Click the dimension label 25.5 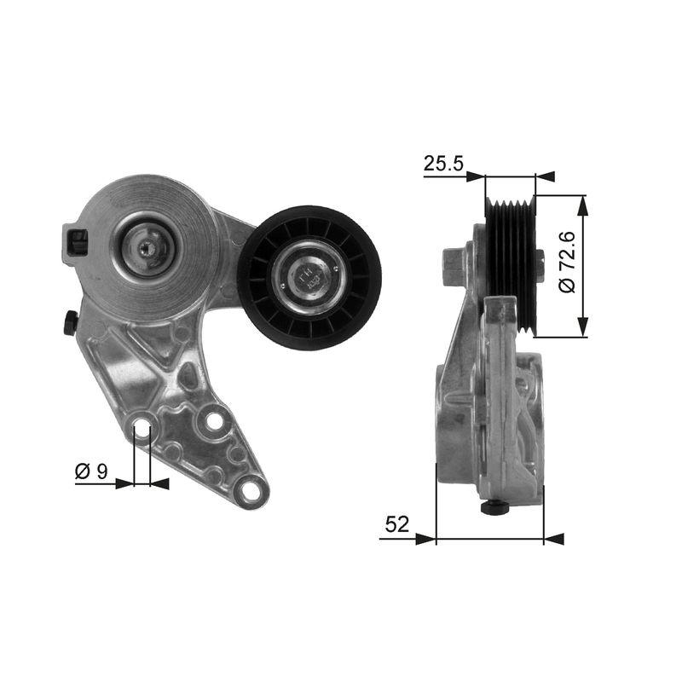coord(442,164)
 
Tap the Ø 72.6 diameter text coord(568,265)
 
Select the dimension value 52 coord(396,525)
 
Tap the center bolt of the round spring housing coord(147,248)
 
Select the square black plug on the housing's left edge coord(76,242)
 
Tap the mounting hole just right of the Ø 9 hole coord(214,421)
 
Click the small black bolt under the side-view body coord(494,508)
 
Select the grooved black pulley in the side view coord(510,264)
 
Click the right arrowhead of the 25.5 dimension coord(545,176)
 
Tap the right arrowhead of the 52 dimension coord(553,539)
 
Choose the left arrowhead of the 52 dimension coord(425,539)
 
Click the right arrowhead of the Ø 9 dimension coord(159,484)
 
